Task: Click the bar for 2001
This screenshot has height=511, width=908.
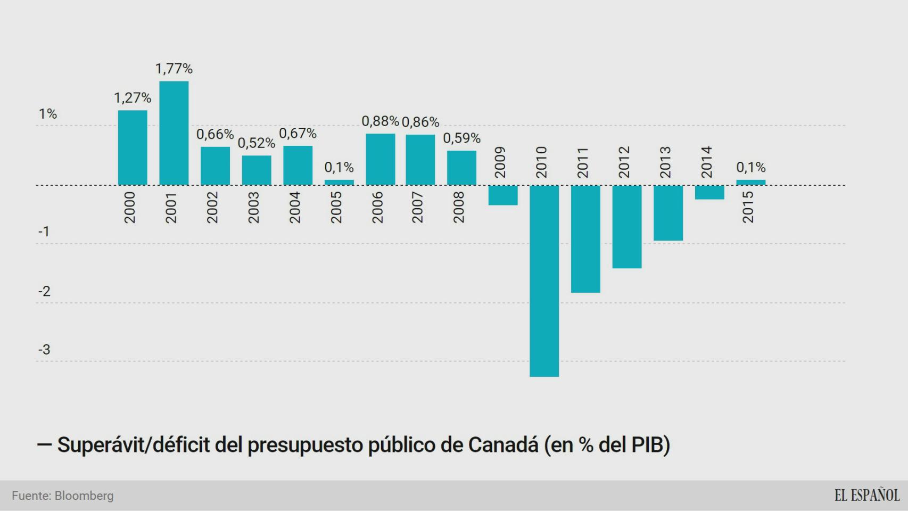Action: click(x=174, y=133)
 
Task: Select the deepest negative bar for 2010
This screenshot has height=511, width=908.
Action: click(x=544, y=281)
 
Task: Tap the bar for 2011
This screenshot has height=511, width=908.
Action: click(x=585, y=239)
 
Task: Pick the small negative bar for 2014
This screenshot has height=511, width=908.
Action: click(x=709, y=193)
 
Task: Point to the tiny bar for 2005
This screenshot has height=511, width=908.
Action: click(x=339, y=183)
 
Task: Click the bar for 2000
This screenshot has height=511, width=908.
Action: click(x=133, y=148)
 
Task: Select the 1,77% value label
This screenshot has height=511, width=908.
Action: click(x=174, y=69)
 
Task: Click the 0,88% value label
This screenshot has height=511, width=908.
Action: click(x=380, y=121)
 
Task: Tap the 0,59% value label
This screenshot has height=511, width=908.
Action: click(x=461, y=138)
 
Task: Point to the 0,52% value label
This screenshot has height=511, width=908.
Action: click(x=256, y=143)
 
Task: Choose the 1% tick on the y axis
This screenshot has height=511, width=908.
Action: click(x=47, y=114)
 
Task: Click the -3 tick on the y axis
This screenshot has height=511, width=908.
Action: click(x=44, y=350)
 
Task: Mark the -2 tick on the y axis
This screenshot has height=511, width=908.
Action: click(x=44, y=291)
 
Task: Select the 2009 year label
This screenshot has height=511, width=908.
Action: click(x=500, y=162)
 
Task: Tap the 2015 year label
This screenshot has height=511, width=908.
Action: click(x=748, y=208)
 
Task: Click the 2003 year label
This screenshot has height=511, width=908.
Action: click(x=254, y=208)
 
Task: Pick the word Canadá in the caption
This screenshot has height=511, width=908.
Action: click(x=503, y=445)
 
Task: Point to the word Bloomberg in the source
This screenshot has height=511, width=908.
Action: click(x=84, y=496)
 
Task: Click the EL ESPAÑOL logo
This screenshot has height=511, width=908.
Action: click(x=866, y=496)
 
